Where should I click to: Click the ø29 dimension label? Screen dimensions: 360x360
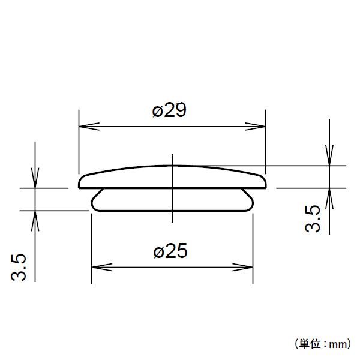[170, 111]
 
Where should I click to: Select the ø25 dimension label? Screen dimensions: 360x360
[170, 252]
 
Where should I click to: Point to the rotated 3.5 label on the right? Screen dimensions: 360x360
[313, 218]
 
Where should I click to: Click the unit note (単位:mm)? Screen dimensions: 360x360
[322, 344]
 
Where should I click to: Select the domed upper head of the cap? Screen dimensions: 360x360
[172, 176]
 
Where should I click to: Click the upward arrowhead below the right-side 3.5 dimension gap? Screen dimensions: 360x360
[329, 195]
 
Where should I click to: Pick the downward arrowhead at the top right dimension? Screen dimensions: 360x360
[329, 158]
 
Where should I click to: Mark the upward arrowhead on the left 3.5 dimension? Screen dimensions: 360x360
[36, 217]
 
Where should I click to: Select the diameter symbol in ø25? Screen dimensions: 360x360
[158, 253]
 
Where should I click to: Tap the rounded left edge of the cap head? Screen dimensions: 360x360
[81, 181]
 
